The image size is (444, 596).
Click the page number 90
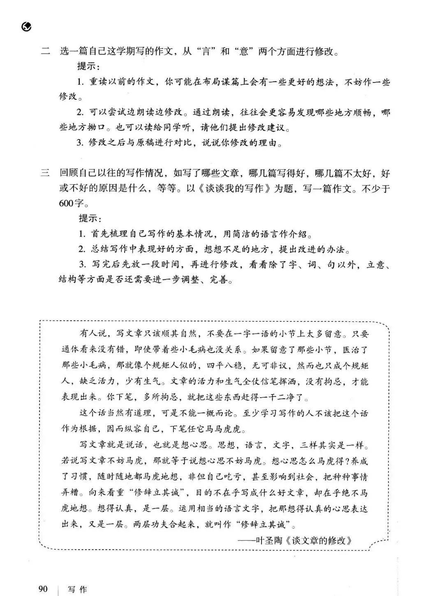[43, 589]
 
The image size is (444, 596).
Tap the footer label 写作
[78, 589]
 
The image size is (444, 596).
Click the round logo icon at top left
[27, 27]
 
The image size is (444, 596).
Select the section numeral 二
[45, 52]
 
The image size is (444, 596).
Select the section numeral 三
[45, 174]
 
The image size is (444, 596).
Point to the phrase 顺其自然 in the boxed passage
[179, 333]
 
